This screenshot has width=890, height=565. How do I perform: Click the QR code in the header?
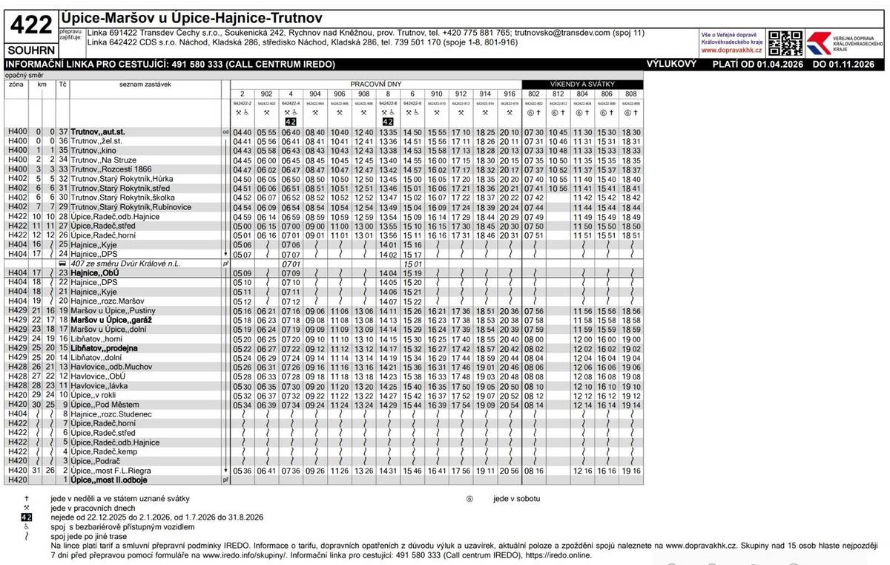click(x=785, y=43)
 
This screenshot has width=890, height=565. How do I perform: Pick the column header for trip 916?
click(x=509, y=94)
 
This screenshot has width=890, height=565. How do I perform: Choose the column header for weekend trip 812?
click(x=558, y=94)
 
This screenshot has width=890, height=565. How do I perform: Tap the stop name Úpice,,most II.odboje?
click(x=111, y=480)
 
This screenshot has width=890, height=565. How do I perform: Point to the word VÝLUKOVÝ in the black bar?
click(x=671, y=65)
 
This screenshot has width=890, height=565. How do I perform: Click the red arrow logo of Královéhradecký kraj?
click(x=820, y=43)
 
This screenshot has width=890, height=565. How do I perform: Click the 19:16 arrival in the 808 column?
click(x=631, y=471)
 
